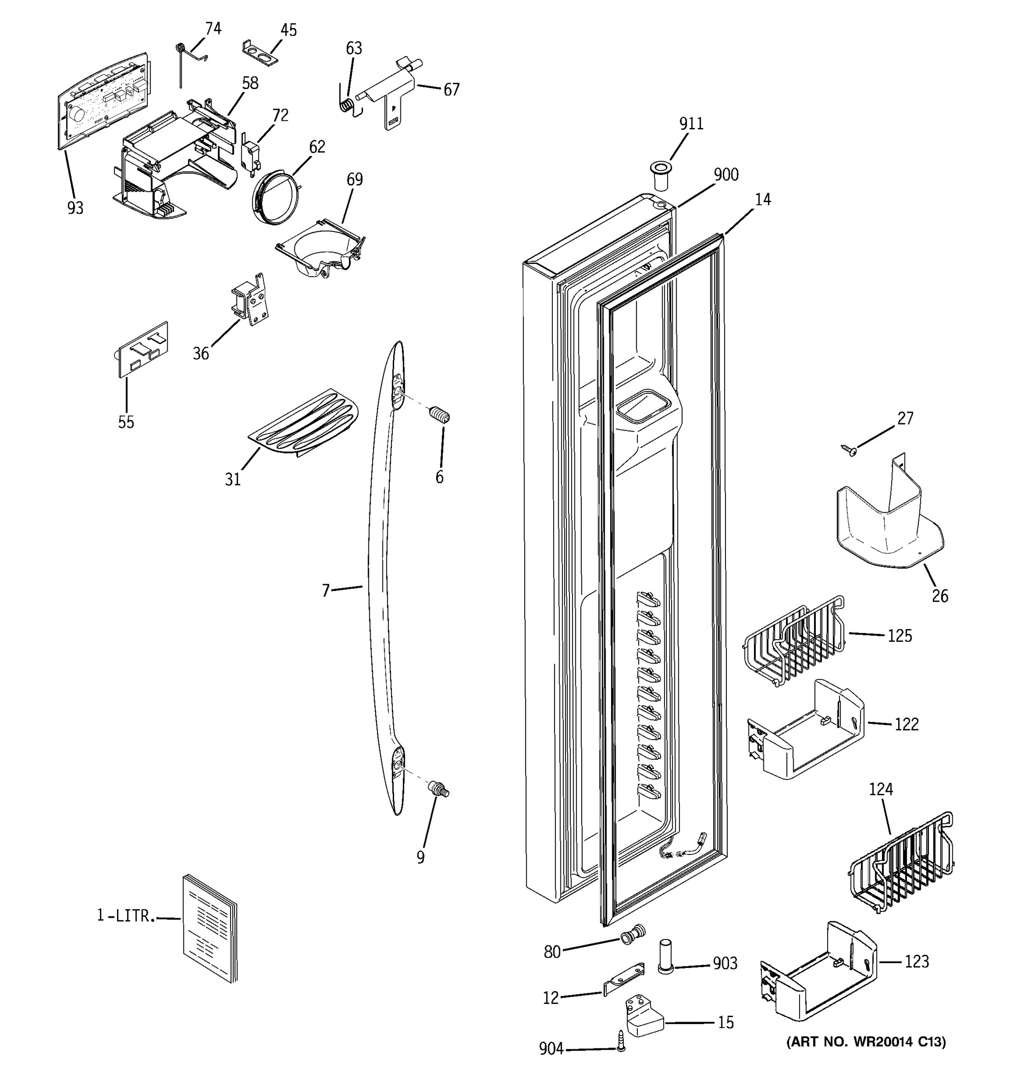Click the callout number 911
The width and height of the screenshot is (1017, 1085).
click(691, 124)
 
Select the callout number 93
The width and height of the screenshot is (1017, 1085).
click(75, 208)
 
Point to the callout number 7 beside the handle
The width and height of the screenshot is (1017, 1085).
click(326, 590)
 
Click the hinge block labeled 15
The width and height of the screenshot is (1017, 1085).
click(643, 1016)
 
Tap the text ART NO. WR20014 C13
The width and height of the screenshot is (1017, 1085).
click(866, 1042)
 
